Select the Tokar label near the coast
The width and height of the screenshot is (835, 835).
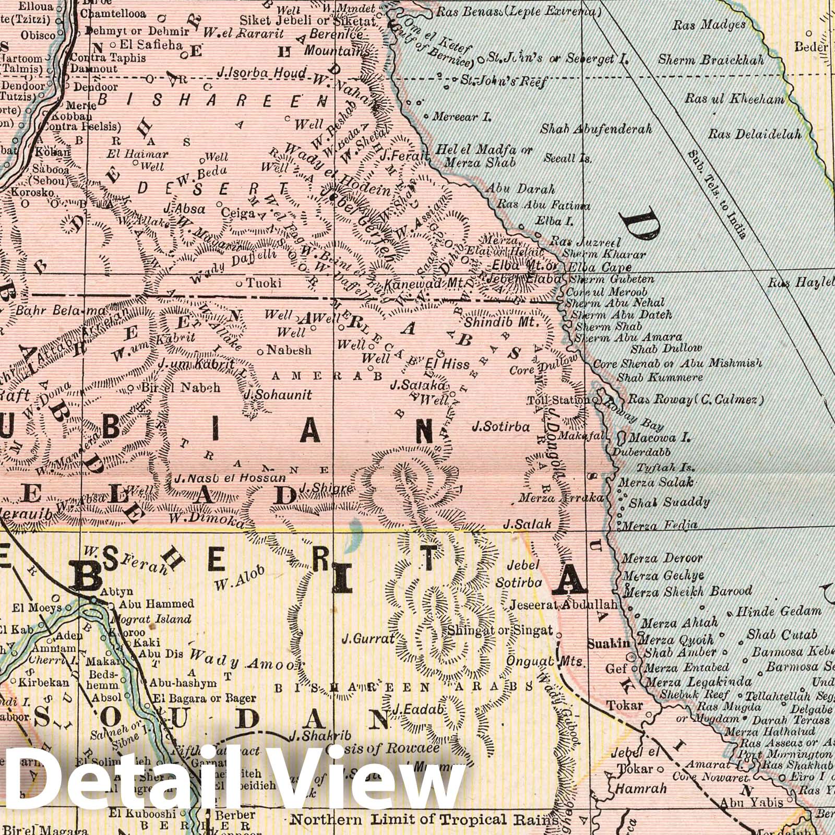[624, 706]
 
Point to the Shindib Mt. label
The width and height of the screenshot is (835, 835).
[501, 322]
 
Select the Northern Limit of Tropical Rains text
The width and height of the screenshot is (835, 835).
[424, 819]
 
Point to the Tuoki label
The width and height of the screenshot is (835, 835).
[264, 283]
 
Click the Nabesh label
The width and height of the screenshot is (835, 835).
[289, 350]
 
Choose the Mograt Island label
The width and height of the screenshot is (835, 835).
[151, 619]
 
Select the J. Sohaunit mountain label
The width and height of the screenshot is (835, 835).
[278, 395]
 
